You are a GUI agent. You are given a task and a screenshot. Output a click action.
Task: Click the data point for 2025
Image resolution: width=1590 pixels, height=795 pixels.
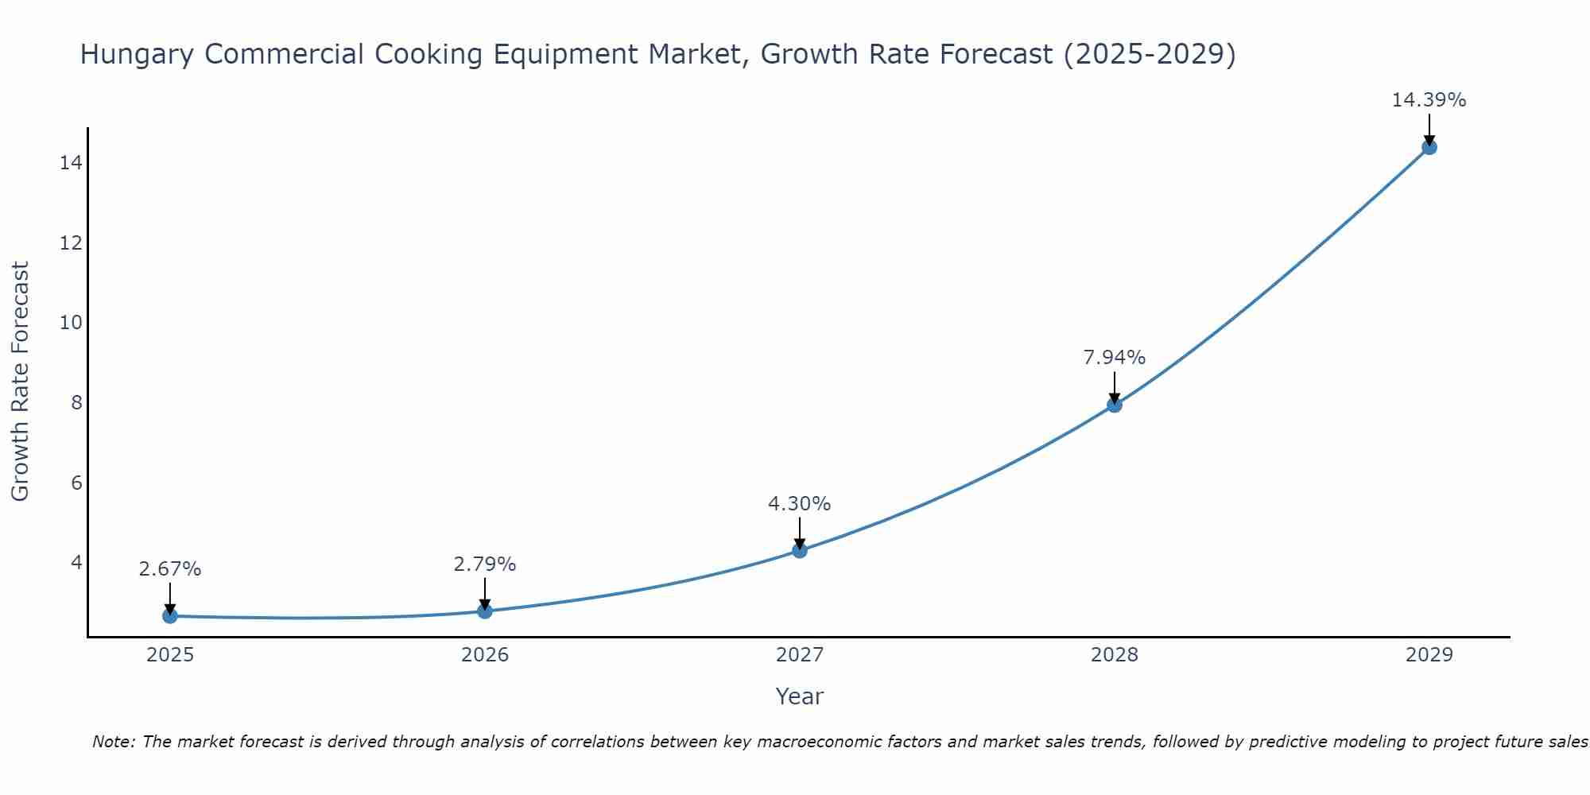point(170,615)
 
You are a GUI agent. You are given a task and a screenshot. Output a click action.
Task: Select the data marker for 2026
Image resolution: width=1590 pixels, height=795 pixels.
point(485,611)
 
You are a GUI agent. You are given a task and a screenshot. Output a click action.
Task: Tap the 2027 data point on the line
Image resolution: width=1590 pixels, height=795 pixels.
point(800,550)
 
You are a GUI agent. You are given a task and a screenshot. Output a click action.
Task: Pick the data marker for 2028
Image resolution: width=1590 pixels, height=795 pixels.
point(1115,405)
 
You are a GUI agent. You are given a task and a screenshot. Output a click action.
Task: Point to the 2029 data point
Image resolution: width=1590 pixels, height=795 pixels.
point(1429,147)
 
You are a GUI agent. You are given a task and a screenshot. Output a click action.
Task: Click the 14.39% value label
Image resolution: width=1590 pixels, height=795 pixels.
point(1429,100)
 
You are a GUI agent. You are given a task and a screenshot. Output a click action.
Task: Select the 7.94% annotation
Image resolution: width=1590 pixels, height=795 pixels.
point(1115,358)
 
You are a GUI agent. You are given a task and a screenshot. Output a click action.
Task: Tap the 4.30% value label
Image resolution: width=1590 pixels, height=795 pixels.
point(799,504)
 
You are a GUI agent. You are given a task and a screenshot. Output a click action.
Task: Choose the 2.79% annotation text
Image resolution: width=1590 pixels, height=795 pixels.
point(485,564)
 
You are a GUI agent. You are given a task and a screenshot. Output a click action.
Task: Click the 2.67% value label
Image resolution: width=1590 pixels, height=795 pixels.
point(170,569)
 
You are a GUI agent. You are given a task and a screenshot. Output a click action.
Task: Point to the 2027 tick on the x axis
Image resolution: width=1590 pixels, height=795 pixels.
point(800,655)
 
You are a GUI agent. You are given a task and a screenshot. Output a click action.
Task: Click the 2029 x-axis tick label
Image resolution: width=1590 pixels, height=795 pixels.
point(1429,655)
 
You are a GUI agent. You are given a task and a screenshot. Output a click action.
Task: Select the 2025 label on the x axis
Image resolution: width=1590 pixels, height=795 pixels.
point(170,655)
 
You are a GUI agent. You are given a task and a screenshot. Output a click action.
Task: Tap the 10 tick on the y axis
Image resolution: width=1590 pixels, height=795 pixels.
point(71,323)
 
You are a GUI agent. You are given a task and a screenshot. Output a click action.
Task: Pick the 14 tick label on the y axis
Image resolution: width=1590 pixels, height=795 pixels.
point(71,163)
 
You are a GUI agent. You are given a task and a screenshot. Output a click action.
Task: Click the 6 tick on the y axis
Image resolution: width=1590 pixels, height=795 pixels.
point(76,483)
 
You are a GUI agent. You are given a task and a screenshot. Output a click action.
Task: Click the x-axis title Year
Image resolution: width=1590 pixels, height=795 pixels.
point(799,696)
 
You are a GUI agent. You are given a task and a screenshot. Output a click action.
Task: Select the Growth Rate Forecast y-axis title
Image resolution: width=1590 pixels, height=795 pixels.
point(21,382)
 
